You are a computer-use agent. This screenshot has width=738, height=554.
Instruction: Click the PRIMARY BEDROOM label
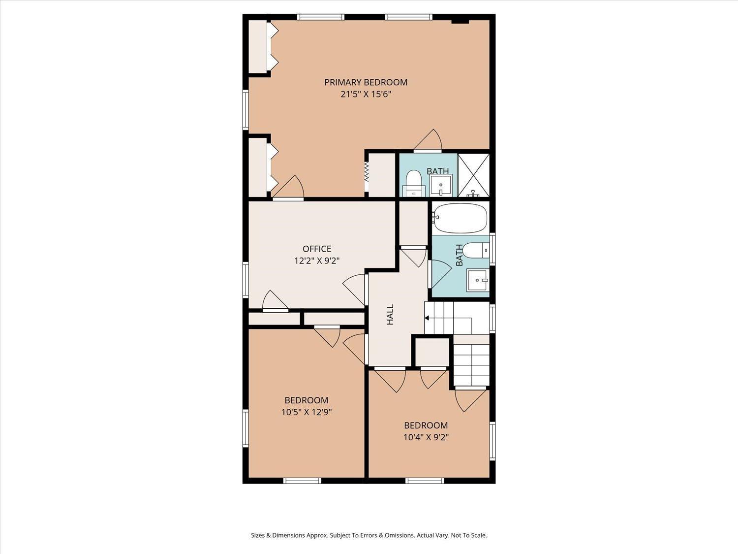(366, 82)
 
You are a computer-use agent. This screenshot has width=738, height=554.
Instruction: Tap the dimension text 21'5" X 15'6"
(366, 95)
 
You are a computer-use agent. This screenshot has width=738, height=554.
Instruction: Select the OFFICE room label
(317, 249)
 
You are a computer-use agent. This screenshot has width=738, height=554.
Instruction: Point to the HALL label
(390, 314)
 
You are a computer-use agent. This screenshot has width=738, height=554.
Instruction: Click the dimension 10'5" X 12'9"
(307, 412)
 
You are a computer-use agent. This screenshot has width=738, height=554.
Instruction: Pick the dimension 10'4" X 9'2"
(426, 437)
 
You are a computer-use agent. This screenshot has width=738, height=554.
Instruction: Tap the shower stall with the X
(473, 175)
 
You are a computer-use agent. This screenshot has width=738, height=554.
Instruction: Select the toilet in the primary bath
(414, 183)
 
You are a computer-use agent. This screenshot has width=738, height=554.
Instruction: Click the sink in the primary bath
(441, 186)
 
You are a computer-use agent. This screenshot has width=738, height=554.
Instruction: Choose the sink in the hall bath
(477, 281)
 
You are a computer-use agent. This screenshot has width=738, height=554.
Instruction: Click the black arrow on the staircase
(427, 318)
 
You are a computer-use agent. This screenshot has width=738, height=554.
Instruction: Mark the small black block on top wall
(460, 21)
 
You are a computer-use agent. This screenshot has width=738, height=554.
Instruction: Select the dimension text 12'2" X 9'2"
(317, 261)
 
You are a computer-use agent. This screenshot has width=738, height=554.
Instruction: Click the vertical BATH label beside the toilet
(459, 255)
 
